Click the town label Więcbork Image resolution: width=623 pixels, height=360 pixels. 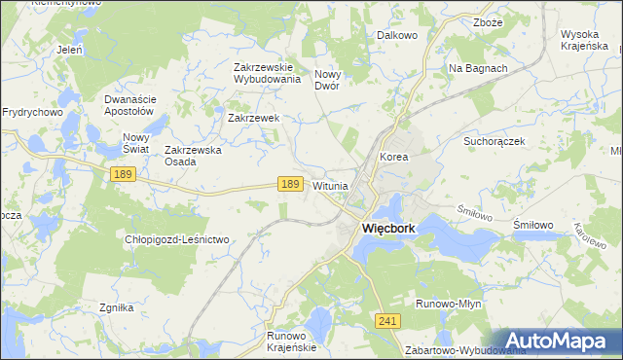(388, 229)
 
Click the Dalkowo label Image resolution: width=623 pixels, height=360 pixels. (396, 35)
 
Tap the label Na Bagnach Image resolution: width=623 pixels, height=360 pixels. (477, 68)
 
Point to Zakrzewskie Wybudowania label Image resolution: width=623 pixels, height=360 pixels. (267, 73)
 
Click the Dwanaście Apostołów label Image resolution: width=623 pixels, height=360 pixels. (129, 105)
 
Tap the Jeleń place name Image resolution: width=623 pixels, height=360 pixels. (69, 47)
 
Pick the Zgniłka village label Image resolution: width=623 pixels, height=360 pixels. (116, 307)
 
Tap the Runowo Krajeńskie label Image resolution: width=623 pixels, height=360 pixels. (292, 342)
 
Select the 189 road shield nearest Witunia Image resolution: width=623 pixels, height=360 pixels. (289, 184)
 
